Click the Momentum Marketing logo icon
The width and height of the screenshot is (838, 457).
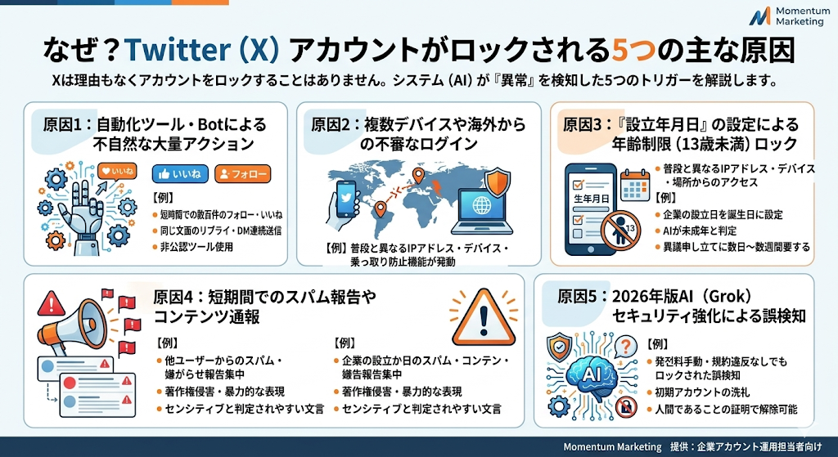759,16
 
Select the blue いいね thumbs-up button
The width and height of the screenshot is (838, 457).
180,173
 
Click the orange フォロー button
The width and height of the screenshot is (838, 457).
242,173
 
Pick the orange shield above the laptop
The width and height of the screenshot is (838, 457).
497,182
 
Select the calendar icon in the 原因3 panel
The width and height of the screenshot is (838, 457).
635,185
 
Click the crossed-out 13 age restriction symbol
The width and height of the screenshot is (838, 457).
620,231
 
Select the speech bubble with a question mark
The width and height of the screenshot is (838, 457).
625,346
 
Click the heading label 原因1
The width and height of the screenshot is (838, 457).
63,125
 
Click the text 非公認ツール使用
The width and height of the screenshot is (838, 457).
196,247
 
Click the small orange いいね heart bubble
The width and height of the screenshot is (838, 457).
117,172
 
